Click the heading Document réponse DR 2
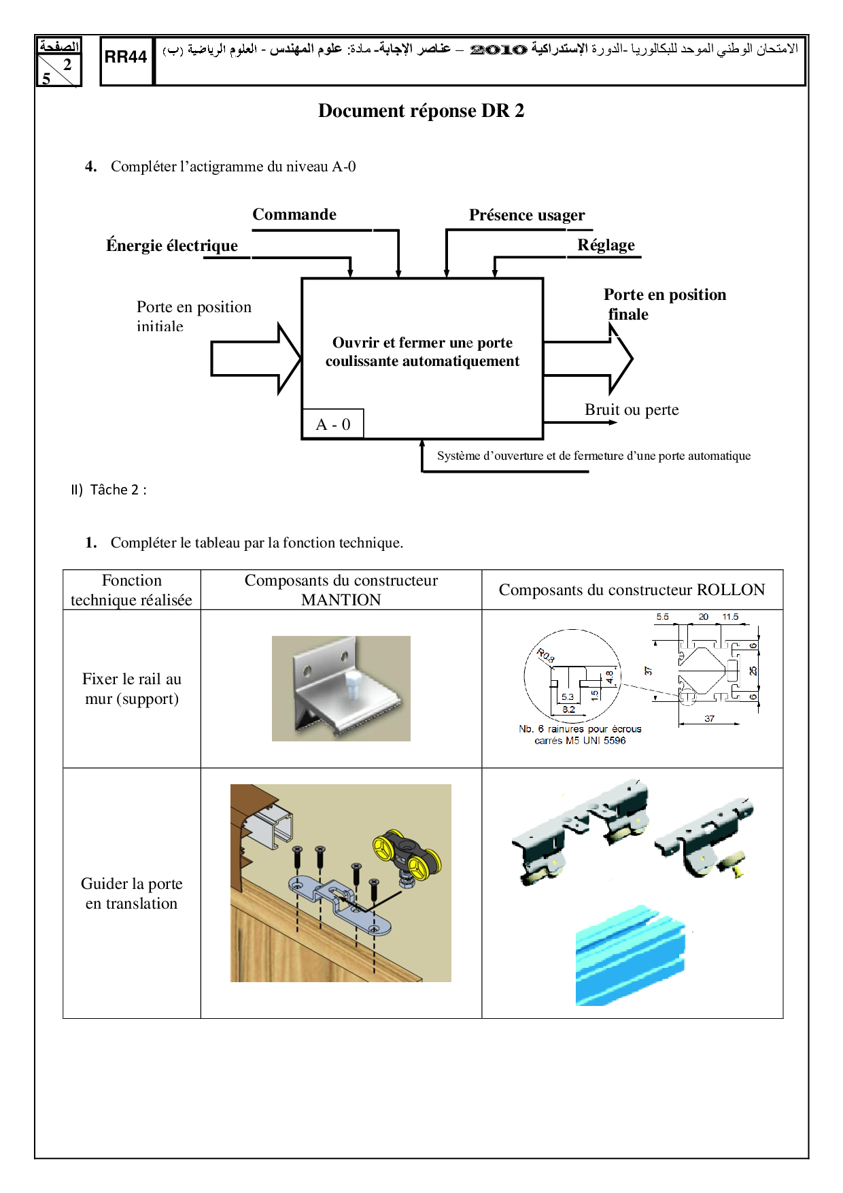click(421, 111)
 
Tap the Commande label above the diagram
click(294, 215)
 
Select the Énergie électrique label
click(172, 246)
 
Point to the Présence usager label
click(527, 216)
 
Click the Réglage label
click(606, 246)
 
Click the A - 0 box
click(333, 424)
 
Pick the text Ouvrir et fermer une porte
click(422, 343)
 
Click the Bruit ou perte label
click(632, 410)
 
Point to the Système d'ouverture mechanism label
click(593, 456)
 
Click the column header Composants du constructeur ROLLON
click(632, 590)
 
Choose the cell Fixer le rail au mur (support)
click(132, 688)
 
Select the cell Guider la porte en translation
click(132, 893)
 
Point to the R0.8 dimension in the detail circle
click(546, 656)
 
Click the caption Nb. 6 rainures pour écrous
click(580, 729)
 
